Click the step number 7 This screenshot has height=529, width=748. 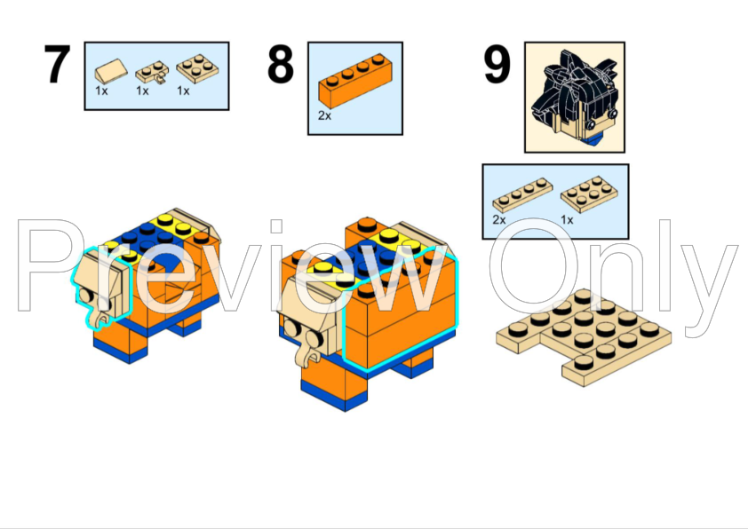56,66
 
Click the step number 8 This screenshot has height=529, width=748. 280,66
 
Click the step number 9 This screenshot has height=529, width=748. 497,66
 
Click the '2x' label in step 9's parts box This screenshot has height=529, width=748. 498,218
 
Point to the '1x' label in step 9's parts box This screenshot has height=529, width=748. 566,218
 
